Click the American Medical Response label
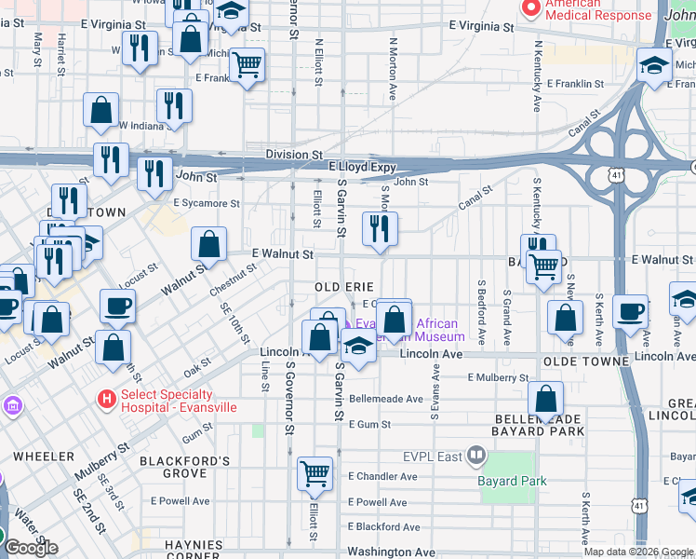[597, 9]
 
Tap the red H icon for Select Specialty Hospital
[107, 400]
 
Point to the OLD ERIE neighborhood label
[343, 285]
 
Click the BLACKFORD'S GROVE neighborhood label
[184, 467]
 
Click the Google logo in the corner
[31, 548]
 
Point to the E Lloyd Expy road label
[363, 168]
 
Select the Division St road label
[293, 155]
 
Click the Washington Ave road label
[391, 552]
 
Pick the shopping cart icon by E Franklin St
[247, 65]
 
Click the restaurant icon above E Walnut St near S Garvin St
[379, 229]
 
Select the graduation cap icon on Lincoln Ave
[356, 346]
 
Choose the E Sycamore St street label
[207, 202]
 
